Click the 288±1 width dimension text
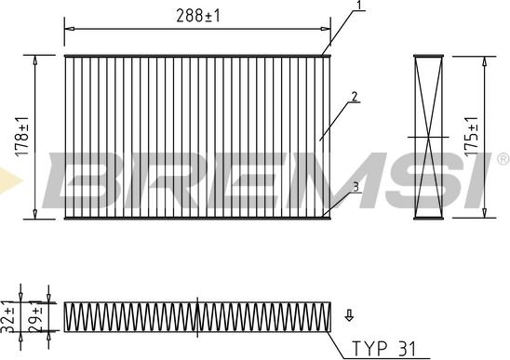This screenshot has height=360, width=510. coord(198,16)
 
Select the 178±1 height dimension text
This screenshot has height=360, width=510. coord(23,136)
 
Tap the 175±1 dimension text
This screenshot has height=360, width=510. coord(472,136)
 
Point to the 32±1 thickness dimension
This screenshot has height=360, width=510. coord(9,317)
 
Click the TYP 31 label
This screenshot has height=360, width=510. coord(384,349)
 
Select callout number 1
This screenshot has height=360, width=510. coord(359,6)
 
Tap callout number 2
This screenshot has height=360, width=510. coord(355,97)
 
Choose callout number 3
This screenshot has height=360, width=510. coord(356,187)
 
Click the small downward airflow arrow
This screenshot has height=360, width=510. coord(349,315)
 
